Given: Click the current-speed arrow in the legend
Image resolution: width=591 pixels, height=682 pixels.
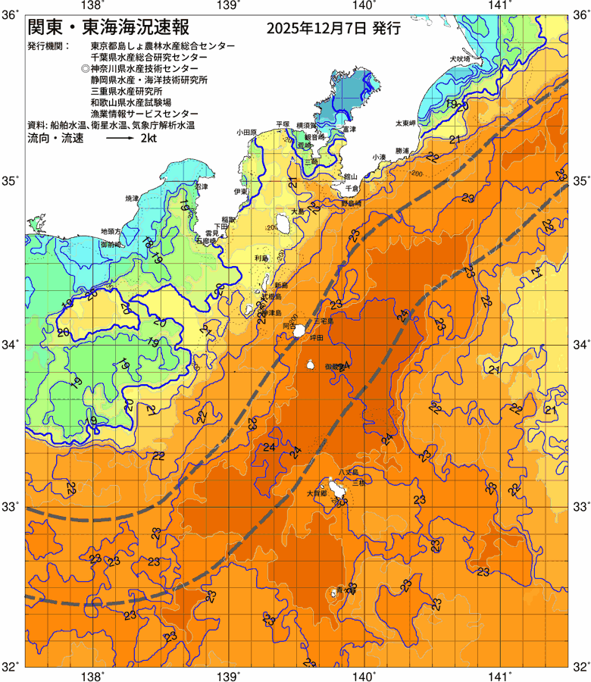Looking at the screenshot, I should pyautogui.click(x=120, y=139).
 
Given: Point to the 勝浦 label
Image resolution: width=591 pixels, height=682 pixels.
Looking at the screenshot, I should pyautogui.click(x=402, y=151).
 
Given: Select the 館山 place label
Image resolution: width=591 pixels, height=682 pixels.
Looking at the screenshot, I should pyautogui.click(x=350, y=175).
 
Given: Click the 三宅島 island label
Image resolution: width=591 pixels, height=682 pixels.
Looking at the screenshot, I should pyautogui.click(x=333, y=321).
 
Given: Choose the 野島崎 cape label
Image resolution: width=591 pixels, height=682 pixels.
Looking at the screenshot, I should pyautogui.click(x=351, y=203).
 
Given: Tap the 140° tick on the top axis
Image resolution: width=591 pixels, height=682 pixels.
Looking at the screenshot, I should pyautogui.click(x=364, y=5).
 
